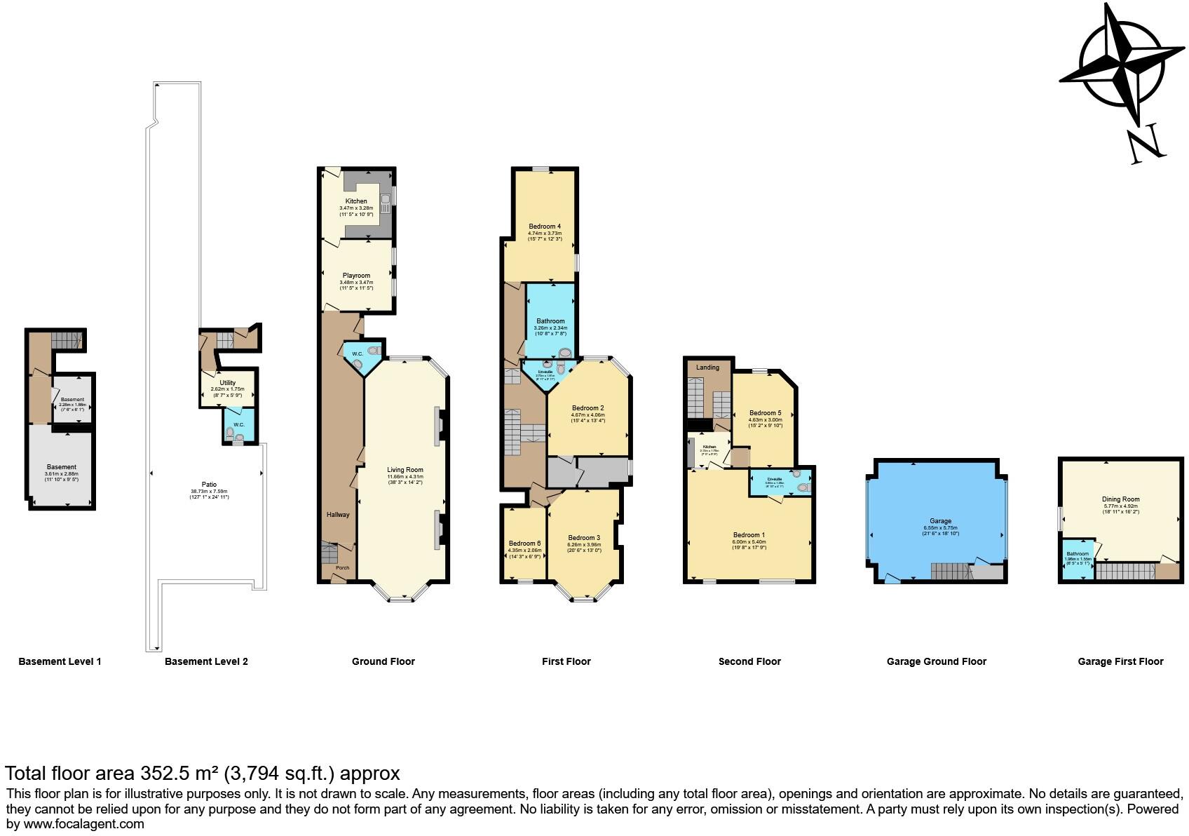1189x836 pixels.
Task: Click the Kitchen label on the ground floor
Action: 355,201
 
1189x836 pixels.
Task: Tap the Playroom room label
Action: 356,276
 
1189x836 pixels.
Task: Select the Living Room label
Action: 405,470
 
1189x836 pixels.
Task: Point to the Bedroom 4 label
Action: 545,227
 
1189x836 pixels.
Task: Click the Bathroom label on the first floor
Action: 550,321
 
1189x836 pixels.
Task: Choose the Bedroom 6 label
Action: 524,544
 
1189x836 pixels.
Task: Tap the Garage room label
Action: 940,521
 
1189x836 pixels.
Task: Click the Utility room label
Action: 227,383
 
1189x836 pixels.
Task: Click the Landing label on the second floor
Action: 707,368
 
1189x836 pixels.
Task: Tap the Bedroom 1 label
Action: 749,535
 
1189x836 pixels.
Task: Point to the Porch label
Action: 342,568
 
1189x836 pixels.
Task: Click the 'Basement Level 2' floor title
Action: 206,661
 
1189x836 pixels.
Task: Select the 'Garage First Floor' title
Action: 1120,661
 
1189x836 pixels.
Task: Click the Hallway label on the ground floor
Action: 338,515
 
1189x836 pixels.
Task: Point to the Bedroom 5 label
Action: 764,413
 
